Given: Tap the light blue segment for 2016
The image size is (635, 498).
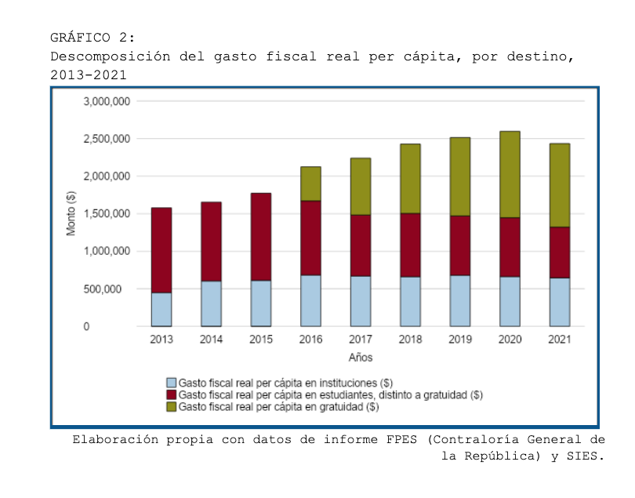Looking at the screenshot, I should (310, 300).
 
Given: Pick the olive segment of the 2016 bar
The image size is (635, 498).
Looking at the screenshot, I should (310, 184).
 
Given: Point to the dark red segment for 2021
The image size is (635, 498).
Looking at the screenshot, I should (559, 252).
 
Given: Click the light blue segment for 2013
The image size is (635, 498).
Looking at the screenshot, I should (161, 309).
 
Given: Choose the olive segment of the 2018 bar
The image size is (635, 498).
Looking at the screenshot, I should (410, 178).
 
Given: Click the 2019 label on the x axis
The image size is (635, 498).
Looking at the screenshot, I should (460, 340).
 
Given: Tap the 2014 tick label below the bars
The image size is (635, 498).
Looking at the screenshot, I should (211, 340).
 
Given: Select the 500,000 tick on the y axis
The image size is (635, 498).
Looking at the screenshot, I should (111, 289).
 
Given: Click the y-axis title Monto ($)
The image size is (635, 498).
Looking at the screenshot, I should (71, 213).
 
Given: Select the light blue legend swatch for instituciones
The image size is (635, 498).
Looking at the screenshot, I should (172, 383).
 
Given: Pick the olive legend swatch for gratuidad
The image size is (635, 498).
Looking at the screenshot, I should (172, 407).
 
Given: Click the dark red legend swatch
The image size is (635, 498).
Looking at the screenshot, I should (172, 394).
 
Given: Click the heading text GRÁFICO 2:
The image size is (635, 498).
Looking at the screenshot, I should (93, 37).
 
